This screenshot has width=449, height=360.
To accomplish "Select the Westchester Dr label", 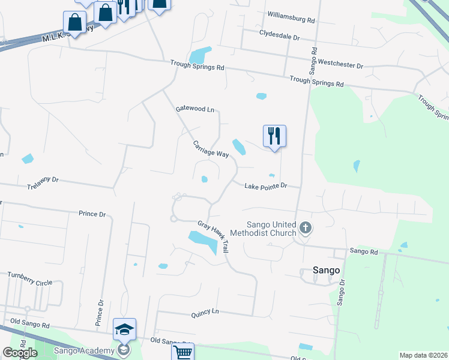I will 340,64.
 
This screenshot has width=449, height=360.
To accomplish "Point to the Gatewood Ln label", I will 194,109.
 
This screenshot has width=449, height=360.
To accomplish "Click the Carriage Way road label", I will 211,149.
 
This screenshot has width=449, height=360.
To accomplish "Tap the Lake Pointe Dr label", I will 271,186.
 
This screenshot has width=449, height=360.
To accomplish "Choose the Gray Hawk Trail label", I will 213,236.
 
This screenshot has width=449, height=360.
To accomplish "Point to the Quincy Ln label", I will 205,312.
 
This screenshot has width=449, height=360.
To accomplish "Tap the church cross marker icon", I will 306,227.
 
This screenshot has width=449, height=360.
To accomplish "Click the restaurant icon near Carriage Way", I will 274,136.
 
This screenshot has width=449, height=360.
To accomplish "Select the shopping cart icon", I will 182,352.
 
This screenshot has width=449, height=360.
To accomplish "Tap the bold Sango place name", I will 327,270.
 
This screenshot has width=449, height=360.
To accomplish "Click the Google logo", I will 19,353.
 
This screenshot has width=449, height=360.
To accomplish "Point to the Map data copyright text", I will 423,355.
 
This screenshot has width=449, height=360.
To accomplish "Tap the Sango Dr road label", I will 341,292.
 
